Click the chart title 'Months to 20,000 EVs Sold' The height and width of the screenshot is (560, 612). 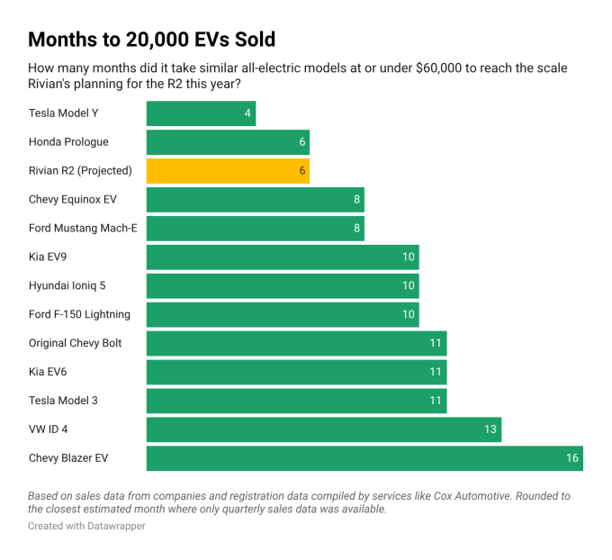tap(151, 40)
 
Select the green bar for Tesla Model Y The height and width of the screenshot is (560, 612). tap(201, 113)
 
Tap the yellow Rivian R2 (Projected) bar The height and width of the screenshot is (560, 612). tap(228, 171)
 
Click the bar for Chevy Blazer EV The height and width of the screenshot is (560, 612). tap(364, 458)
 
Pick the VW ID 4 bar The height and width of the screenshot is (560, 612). tap(323, 429)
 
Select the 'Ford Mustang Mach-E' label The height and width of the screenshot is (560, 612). tap(83, 228)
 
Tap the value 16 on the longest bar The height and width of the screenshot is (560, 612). tap(571, 458)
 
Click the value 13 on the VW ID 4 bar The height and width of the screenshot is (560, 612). tap(490, 429)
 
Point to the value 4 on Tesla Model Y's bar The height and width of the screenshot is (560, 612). tap(247, 113)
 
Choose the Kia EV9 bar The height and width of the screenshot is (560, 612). tap(282, 257)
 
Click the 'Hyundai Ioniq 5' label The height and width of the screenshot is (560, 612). tap(73, 285)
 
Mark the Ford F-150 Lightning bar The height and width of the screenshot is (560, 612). tap(282, 314)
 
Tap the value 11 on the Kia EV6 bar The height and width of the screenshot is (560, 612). tap(436, 372)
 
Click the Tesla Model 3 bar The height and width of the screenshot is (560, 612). tap(296, 401)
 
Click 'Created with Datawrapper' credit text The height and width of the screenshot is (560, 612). tap(86, 526)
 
